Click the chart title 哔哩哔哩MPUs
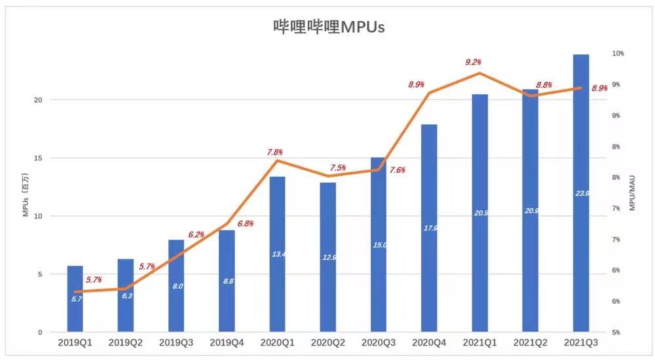[x=328, y=26]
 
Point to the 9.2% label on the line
[x=473, y=62]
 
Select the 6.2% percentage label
[x=196, y=234]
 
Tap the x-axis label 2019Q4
[x=227, y=342]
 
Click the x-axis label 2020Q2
[x=327, y=342]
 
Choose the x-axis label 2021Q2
[x=530, y=342]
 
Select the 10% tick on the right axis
[x=618, y=53]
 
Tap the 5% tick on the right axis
[x=617, y=333]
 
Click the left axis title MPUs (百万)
[x=26, y=194]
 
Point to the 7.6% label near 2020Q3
[x=397, y=170]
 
